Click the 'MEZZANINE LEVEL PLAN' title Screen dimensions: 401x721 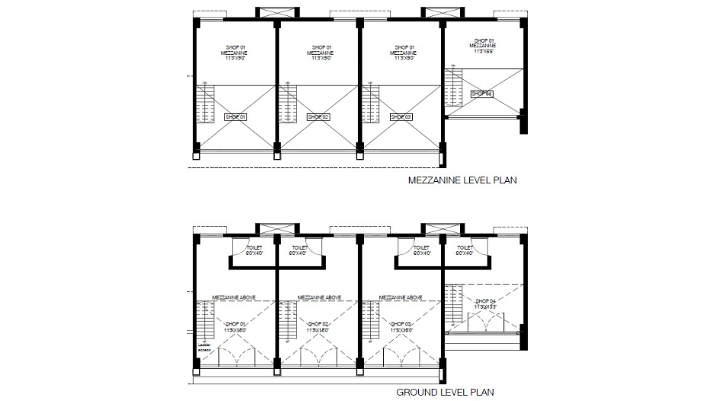tap(462, 182)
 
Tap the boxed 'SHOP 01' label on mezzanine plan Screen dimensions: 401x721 tap(236, 117)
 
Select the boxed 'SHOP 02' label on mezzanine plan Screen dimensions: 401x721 tap(318, 117)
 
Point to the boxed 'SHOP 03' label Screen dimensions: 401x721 tap(401, 117)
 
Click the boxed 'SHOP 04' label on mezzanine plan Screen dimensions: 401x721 tap(481, 94)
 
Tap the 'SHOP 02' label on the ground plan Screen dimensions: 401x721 tap(318, 327)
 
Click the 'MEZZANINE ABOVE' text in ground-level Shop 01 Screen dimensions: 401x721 tap(236, 297)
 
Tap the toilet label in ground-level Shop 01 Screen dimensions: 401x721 tap(254, 250)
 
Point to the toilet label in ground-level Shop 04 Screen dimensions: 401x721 tap(464, 250)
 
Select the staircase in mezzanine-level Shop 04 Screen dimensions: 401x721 tap(455, 89)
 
